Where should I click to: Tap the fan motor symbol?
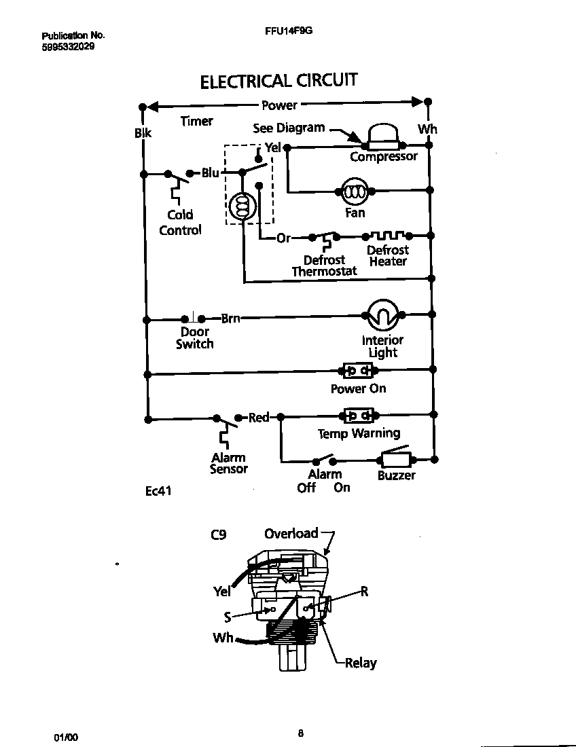tap(354, 192)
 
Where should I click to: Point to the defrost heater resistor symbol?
tap(386, 236)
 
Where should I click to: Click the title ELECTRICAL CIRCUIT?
tap(278, 81)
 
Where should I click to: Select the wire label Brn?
tap(230, 318)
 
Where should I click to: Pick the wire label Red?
tap(259, 417)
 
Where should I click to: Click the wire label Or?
tap(284, 238)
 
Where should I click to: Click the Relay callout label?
tap(361, 663)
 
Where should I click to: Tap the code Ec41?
tap(158, 490)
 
